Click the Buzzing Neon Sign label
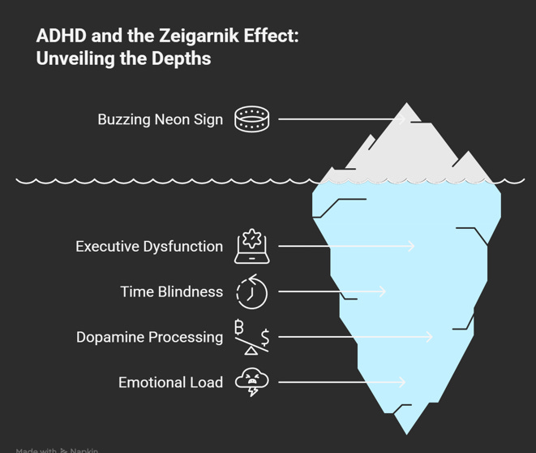point(160,119)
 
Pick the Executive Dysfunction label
point(149,246)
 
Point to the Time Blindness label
point(171,291)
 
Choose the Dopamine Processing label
point(149,337)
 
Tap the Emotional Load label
point(170,382)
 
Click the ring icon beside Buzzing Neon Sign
point(251,119)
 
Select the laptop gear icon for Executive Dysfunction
point(251,246)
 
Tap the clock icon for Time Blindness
point(251,291)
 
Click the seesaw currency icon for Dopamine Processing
point(251,337)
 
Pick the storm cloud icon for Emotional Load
point(251,382)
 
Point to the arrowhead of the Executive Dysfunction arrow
point(412,246)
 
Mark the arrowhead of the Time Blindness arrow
point(383,291)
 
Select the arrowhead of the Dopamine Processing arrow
point(430,337)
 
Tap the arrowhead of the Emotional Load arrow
point(402,382)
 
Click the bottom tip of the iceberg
point(407,433)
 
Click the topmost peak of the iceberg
point(407,104)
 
